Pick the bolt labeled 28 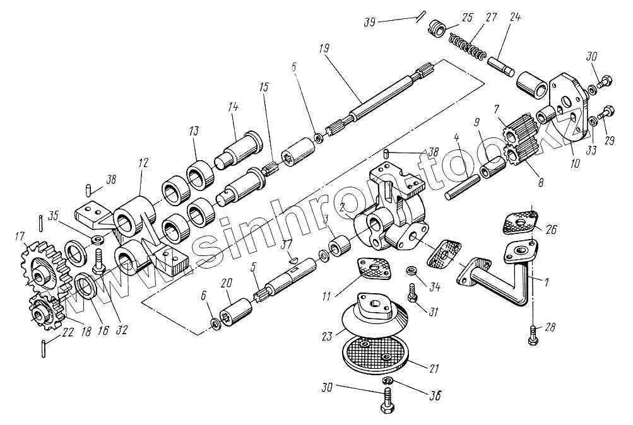coord(534,335)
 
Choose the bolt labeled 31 coord(412,293)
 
